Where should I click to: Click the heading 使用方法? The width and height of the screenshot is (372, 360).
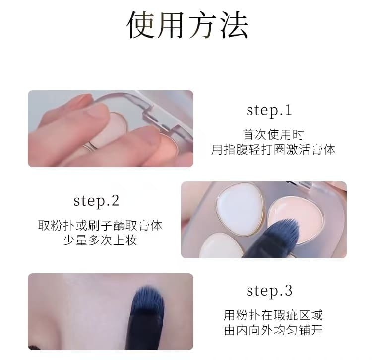click(187, 25)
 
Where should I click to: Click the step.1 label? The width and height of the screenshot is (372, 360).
click(269, 111)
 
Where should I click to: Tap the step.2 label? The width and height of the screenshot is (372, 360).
click(96, 201)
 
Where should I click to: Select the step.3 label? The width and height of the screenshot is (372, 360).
click(269, 291)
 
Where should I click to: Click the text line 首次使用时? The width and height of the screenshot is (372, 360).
click(273, 135)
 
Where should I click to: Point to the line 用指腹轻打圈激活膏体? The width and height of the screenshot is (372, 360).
click(273, 150)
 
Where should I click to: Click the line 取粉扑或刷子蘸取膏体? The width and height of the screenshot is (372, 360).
click(100, 225)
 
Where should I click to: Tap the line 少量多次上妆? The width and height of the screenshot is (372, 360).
click(100, 240)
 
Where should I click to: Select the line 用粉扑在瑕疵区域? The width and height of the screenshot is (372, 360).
click(273, 315)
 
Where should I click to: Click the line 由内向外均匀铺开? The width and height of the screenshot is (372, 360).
click(273, 330)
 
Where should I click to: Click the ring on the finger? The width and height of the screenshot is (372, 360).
click(90, 145)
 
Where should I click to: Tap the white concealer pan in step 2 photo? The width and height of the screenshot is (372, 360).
click(240, 209)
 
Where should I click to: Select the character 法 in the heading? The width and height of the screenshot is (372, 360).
click(235, 25)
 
